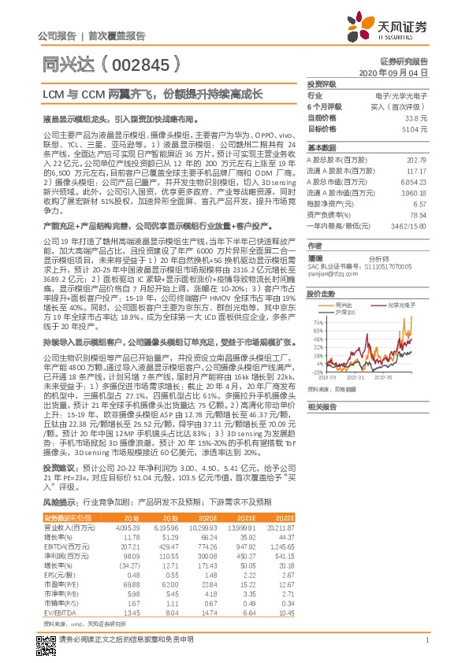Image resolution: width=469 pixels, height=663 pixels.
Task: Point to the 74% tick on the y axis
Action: click(318, 301)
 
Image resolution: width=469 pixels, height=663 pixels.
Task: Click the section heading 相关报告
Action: click(322, 406)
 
